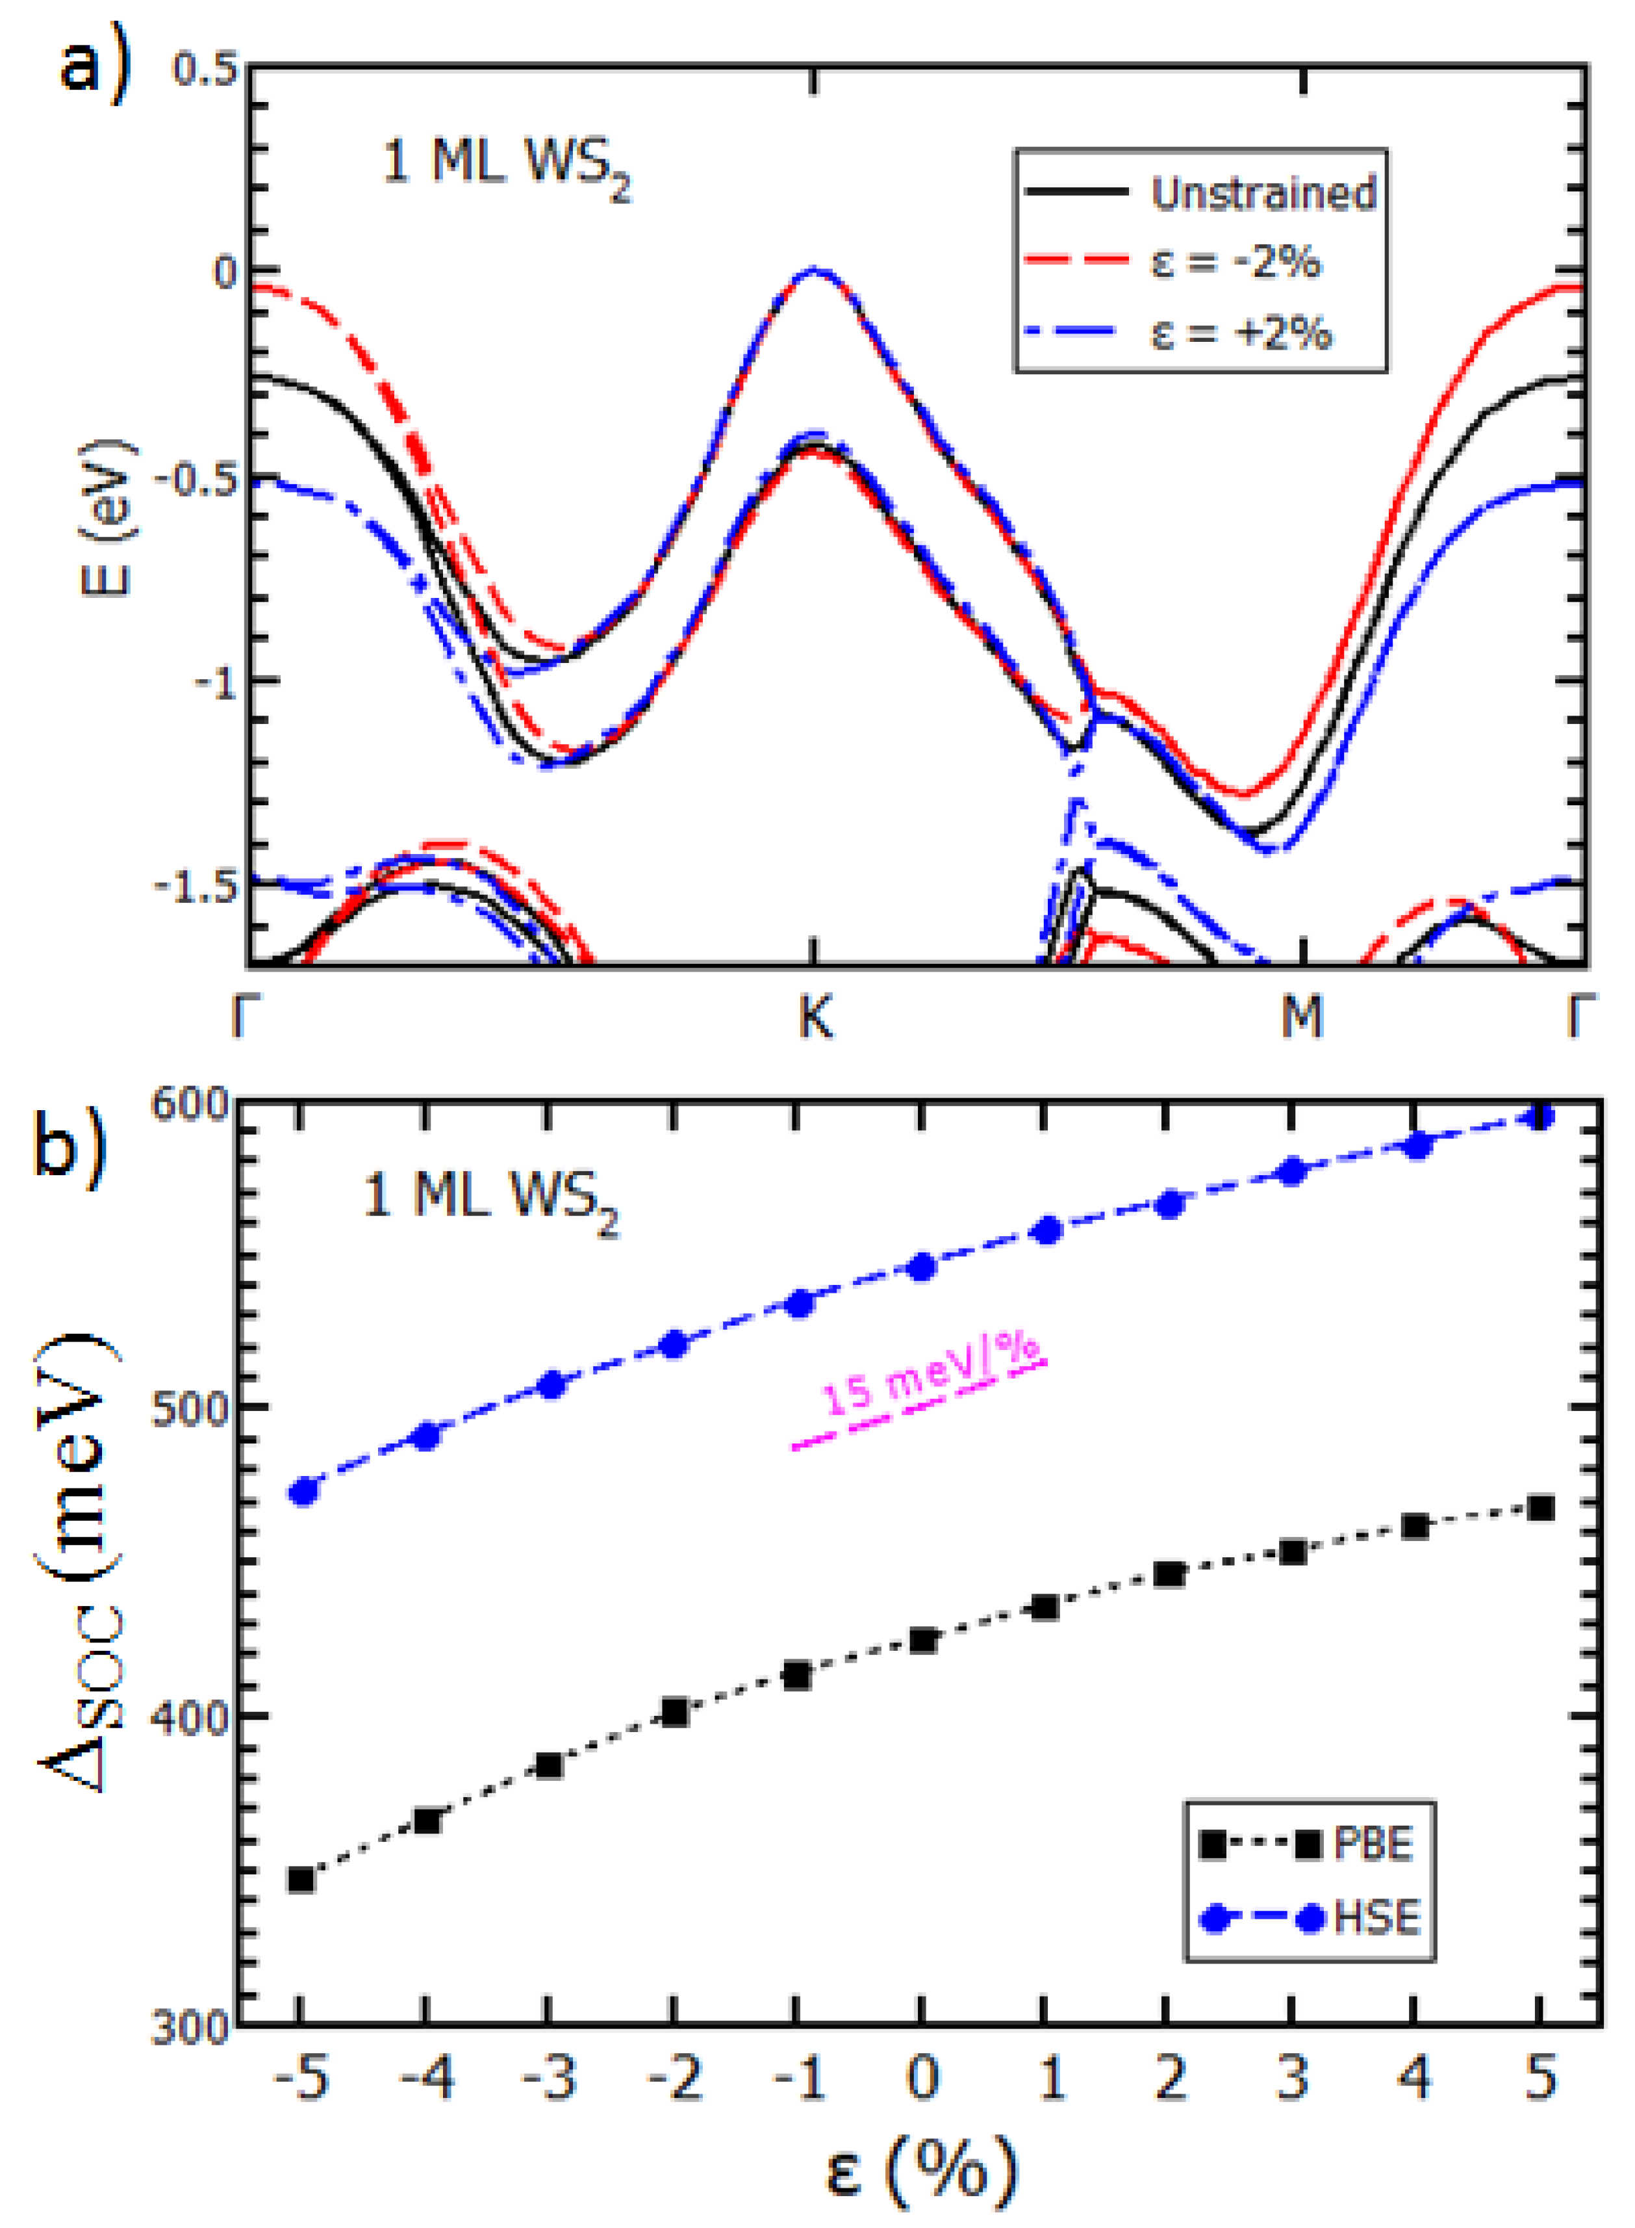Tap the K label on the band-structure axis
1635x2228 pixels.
tap(815, 1016)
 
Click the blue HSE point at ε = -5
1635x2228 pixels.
tap(303, 1491)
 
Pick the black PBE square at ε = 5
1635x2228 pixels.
tap(1540, 1508)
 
